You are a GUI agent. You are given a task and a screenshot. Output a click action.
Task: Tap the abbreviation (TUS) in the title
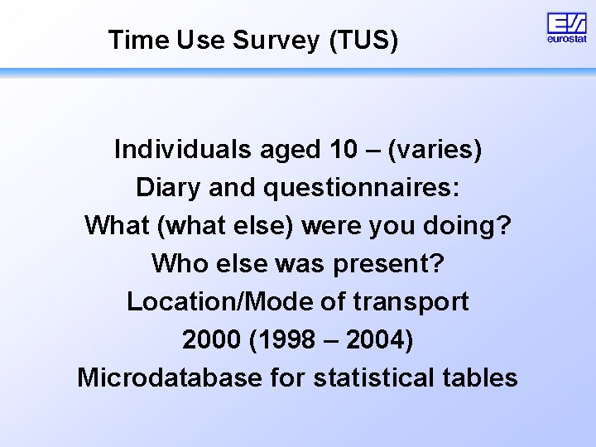[363, 40]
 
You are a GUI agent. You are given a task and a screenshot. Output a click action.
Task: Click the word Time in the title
[138, 40]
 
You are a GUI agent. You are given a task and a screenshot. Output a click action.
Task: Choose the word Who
[176, 264]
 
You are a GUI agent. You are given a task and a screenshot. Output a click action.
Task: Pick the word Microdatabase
[170, 378]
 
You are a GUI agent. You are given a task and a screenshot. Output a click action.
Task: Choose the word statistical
[380, 378]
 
